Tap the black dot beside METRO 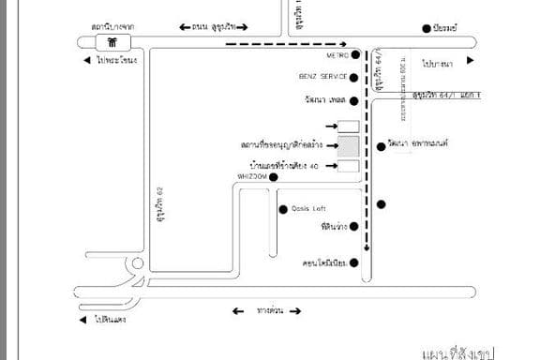coord(354,55)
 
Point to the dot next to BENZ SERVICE coord(354,76)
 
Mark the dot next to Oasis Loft coord(283,208)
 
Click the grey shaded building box coord(348,146)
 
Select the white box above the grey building coord(348,127)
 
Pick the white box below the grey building coord(348,167)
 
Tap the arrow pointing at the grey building coord(330,146)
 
